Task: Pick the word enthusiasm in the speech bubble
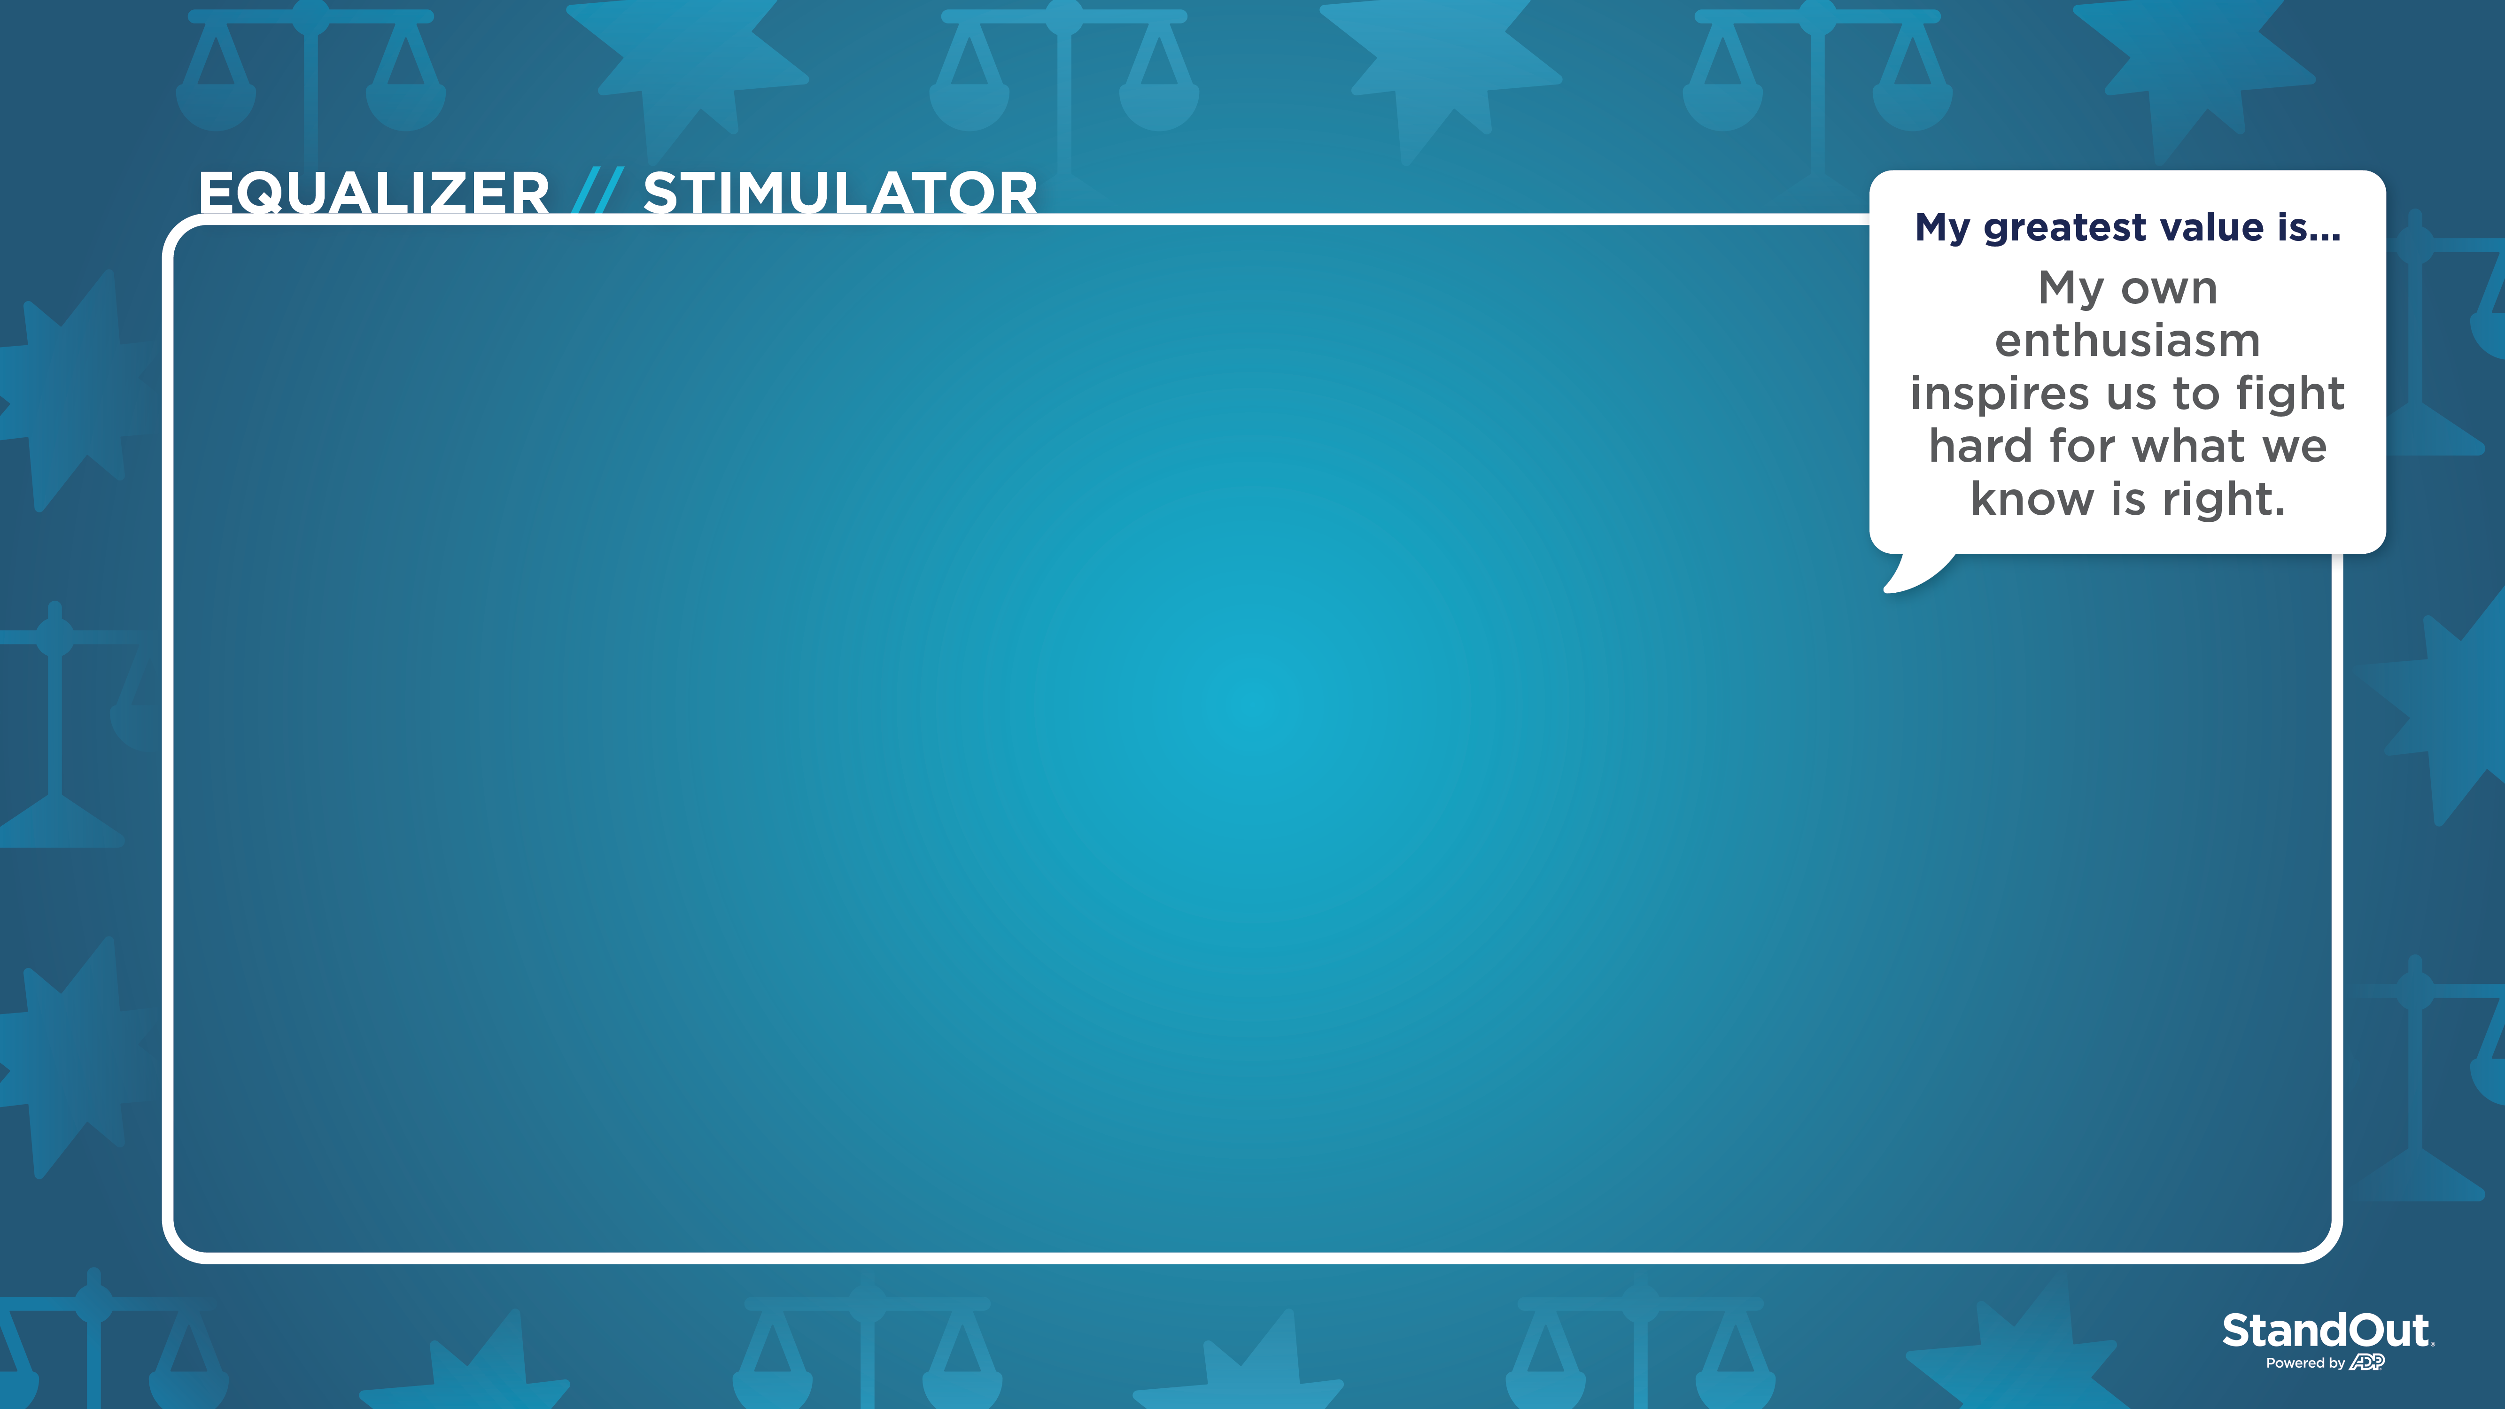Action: pos(2128,341)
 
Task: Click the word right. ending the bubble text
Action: pos(2224,500)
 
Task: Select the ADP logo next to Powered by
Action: pos(2367,1363)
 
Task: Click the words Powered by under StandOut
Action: pos(2305,1363)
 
